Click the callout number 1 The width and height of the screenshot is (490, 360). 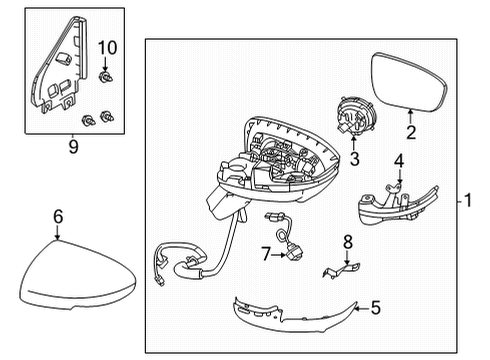(467, 200)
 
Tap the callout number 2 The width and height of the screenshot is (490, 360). (409, 131)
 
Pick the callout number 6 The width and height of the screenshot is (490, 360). (57, 215)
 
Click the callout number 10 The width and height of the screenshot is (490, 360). (108, 47)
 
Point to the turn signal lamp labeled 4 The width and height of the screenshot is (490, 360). (392, 211)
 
